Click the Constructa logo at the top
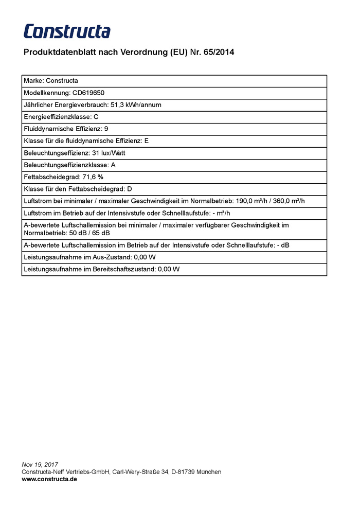coord(67,31)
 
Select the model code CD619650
coord(88,93)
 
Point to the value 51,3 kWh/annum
coord(136,105)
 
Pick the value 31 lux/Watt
coord(109,153)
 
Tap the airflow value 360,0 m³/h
coord(293,201)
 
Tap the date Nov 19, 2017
coord(40,465)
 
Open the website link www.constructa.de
coord(49,479)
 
